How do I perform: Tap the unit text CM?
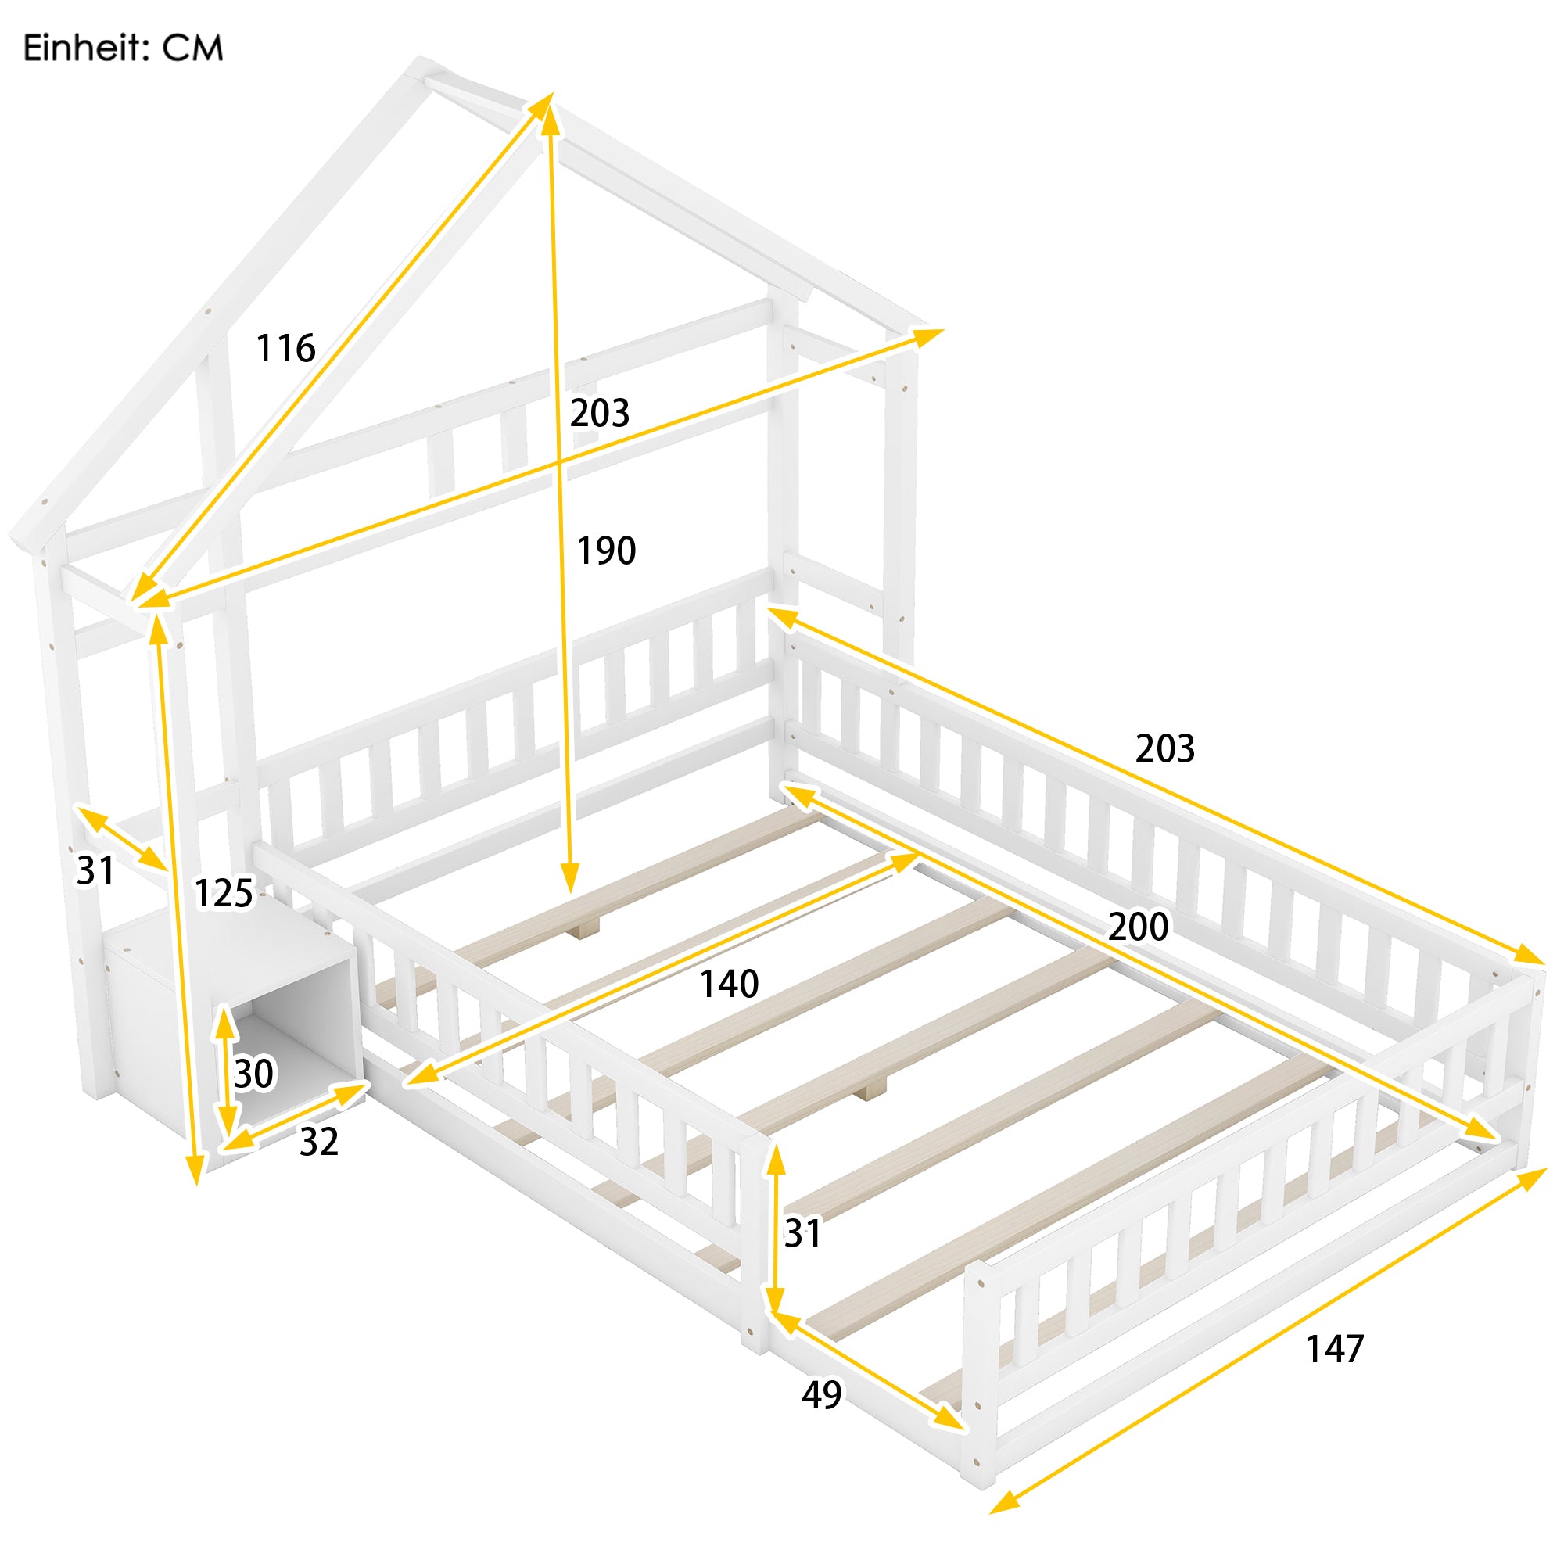tap(192, 48)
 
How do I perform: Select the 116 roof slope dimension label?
tap(285, 349)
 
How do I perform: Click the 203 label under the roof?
tap(600, 414)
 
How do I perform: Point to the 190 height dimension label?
tap(606, 551)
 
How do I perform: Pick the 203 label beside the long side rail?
tap(1165, 749)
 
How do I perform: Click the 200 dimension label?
tap(1137, 927)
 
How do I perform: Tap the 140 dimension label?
tap(729, 985)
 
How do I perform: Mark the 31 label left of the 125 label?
tap(95, 871)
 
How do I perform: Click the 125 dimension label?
tap(224, 894)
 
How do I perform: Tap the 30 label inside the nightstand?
tap(254, 1074)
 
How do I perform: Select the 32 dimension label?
tap(319, 1143)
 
